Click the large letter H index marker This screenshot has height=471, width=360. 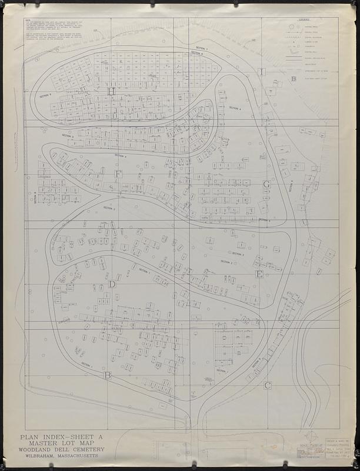111,91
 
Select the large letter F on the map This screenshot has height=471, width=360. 118,174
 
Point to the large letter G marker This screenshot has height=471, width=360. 266,184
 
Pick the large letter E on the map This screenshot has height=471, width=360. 259,274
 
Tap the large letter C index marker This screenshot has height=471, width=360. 267,386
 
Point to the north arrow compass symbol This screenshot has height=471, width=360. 312,437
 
